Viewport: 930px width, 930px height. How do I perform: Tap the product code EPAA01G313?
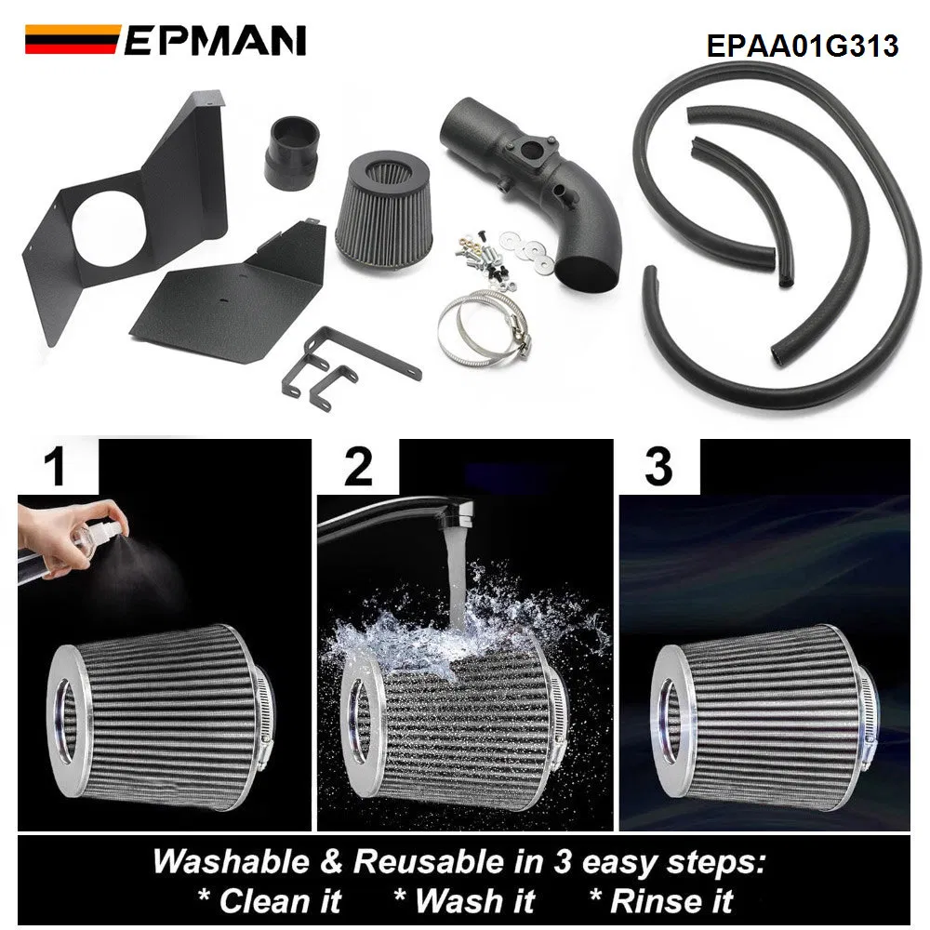point(803,46)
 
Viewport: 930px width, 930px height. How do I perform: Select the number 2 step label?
point(358,467)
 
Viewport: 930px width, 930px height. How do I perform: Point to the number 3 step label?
point(658,467)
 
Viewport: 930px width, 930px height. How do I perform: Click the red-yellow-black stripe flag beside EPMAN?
point(71,40)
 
